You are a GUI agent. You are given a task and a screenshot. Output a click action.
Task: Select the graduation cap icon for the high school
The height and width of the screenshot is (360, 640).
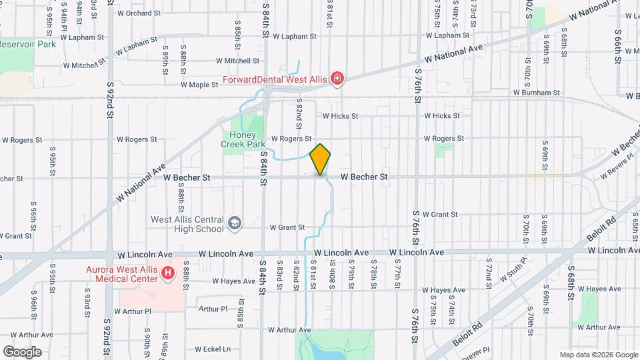[234, 223]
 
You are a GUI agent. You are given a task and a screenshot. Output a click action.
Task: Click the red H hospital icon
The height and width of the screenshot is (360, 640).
[168, 273]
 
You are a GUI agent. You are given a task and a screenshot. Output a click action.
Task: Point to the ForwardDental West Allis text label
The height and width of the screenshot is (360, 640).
[275, 80]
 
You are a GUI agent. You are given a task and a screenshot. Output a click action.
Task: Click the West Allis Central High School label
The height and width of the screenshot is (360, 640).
[187, 224]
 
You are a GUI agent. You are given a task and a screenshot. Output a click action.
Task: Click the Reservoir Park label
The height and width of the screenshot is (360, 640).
[27, 44]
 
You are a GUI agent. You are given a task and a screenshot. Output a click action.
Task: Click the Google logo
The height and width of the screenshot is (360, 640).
[22, 352]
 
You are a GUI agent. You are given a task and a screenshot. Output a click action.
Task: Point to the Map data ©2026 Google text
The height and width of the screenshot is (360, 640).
[598, 355]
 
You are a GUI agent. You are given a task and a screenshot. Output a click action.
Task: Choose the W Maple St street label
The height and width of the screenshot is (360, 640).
[199, 85]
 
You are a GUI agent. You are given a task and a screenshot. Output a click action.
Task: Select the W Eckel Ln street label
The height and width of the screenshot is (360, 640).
[212, 349]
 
